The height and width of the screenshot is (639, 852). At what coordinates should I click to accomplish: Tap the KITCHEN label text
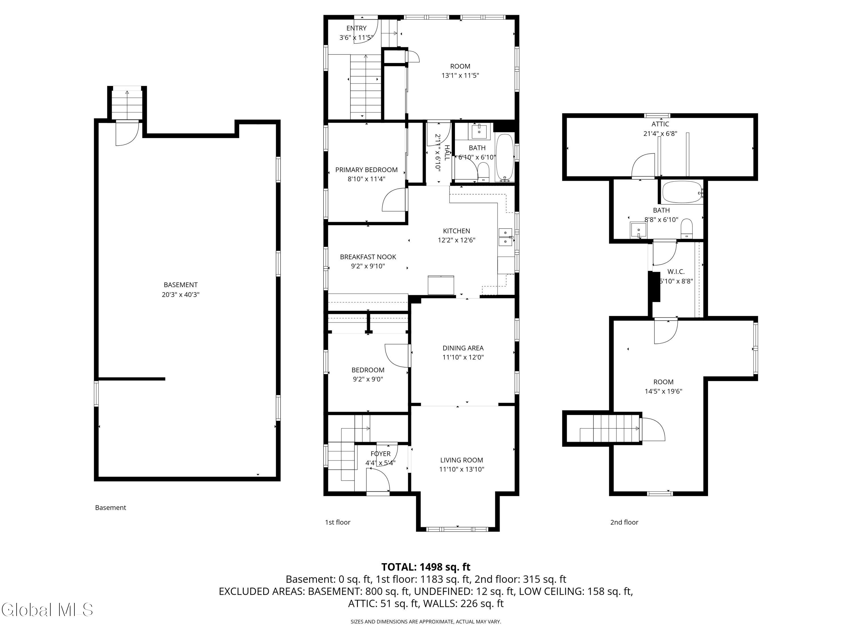pyautogui.click(x=456, y=231)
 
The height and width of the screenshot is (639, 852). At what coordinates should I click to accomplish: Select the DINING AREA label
pyautogui.click(x=463, y=348)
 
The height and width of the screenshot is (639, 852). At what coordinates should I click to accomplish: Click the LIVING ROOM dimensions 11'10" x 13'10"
pyautogui.click(x=461, y=469)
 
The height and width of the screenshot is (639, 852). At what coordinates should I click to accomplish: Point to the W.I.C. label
pyautogui.click(x=676, y=272)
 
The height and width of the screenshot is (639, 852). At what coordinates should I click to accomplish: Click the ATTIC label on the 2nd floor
pyautogui.click(x=660, y=124)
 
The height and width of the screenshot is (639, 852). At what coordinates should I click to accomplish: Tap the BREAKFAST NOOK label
pyautogui.click(x=368, y=257)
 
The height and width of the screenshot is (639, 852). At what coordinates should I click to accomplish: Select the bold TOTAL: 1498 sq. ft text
pyautogui.click(x=426, y=567)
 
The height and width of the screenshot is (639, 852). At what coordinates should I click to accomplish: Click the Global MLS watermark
pyautogui.click(x=47, y=610)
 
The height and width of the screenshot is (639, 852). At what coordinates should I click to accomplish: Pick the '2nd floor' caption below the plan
pyautogui.click(x=624, y=522)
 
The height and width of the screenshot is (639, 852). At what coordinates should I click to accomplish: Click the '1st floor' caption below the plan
pyautogui.click(x=337, y=522)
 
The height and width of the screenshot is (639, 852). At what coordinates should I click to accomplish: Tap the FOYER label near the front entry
pyautogui.click(x=381, y=454)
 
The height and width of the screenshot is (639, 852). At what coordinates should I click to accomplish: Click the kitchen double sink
pyautogui.click(x=505, y=237)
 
